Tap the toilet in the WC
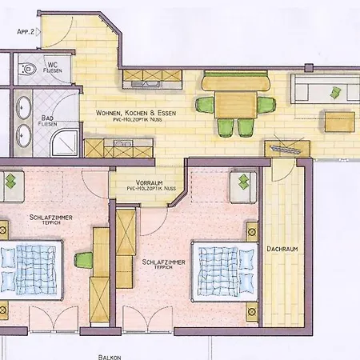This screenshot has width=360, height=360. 30,68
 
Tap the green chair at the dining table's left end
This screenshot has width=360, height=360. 205,104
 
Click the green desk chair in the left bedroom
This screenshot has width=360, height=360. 82,259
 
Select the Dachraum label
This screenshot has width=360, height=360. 282,249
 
